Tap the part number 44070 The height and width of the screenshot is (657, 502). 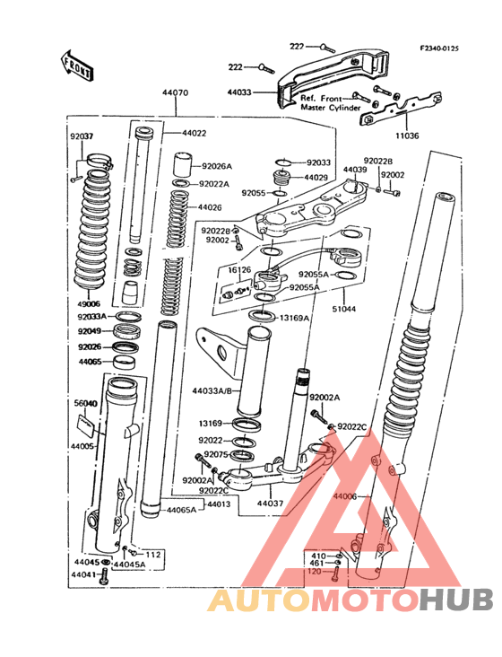175,92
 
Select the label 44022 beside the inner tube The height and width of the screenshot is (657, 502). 194,133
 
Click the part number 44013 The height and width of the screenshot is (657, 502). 220,504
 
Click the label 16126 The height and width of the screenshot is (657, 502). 239,269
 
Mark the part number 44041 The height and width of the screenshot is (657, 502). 84,574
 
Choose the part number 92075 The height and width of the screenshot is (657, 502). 217,455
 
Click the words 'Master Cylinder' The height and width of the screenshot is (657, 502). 331,108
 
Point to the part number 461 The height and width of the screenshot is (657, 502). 317,563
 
